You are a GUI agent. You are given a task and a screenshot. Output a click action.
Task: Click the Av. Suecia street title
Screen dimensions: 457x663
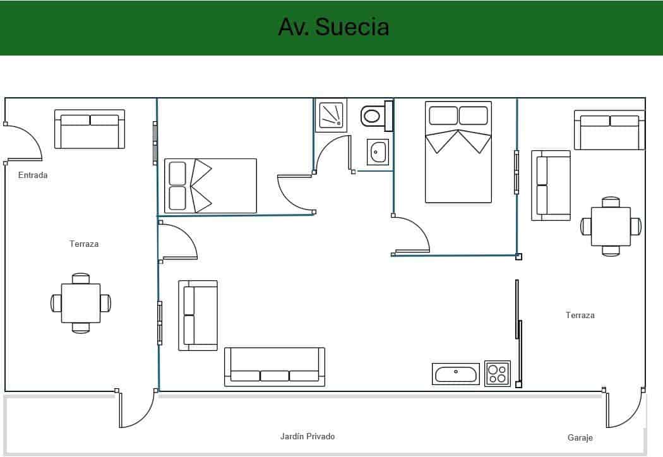333,27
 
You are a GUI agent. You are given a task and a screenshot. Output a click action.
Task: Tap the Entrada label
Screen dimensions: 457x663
33,175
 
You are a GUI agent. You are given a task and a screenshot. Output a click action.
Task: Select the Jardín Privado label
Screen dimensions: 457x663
307,436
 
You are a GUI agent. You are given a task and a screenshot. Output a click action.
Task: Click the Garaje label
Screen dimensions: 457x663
580,437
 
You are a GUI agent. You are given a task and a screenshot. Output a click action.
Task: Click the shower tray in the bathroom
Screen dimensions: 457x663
331,115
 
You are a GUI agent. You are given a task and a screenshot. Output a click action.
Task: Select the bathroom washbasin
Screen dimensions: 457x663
378,152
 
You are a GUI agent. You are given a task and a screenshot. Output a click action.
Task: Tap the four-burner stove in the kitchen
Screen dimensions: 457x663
497,373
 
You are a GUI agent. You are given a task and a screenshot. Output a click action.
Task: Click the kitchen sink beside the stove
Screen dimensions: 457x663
455,373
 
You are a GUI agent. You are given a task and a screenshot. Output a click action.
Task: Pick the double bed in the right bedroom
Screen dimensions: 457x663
458,152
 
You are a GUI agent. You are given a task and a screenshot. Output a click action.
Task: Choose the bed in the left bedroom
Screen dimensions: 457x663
210,186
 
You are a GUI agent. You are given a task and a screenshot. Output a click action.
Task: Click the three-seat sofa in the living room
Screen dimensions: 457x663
275,367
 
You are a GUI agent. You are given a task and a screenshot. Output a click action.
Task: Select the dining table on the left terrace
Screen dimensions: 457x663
81,303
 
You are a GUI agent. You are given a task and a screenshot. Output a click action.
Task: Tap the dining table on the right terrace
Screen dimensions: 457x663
611,227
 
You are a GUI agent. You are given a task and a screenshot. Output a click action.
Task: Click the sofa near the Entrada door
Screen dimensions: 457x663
90,129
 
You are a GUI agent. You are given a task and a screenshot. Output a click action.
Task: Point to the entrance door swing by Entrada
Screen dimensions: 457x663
24,143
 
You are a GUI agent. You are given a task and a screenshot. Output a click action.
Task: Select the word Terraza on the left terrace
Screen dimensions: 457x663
84,244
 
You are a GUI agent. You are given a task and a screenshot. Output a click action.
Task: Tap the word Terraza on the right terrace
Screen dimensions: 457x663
580,315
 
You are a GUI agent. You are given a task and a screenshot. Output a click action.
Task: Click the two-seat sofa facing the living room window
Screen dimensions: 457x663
198,315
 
